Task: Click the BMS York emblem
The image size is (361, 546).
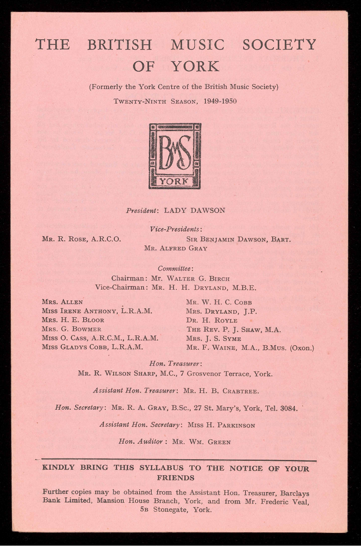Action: [175, 156]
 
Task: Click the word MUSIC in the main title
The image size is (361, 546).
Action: [198, 45]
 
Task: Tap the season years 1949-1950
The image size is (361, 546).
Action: [220, 101]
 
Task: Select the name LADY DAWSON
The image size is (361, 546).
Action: [194, 211]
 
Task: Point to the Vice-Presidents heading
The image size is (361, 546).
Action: [176, 230]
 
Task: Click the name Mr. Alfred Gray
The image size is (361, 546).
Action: [175, 248]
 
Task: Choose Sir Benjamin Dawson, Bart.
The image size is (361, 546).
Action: [238, 239]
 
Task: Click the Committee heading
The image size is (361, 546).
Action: [175, 269]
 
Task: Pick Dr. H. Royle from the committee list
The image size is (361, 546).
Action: [211, 320]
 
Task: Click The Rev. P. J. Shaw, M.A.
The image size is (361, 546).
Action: [233, 330]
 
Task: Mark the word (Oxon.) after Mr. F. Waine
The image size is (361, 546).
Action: [302, 348]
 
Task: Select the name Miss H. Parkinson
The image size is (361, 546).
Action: [221, 425]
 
